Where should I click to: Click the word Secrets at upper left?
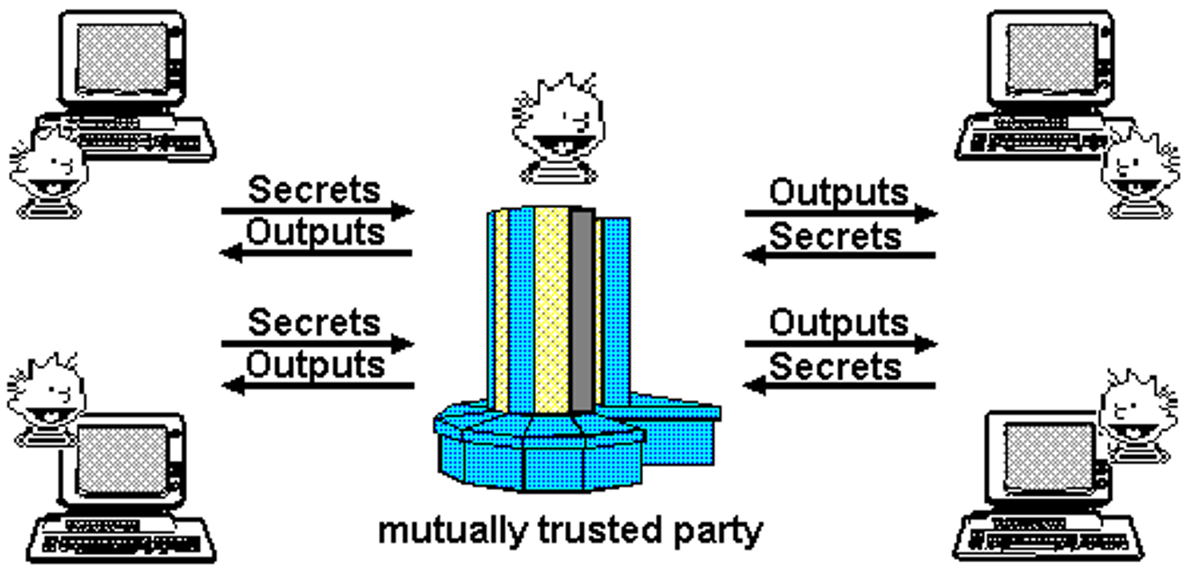(x=314, y=190)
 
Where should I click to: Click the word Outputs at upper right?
(x=838, y=193)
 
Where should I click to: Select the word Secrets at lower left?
(x=314, y=322)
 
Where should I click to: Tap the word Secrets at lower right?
(x=835, y=367)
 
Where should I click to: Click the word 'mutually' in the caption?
(x=452, y=531)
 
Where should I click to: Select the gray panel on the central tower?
(x=582, y=309)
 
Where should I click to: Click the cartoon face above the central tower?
(x=559, y=128)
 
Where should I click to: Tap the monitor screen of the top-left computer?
(x=122, y=58)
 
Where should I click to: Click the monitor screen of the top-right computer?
(x=1050, y=58)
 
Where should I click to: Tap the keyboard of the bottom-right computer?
(x=1048, y=539)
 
